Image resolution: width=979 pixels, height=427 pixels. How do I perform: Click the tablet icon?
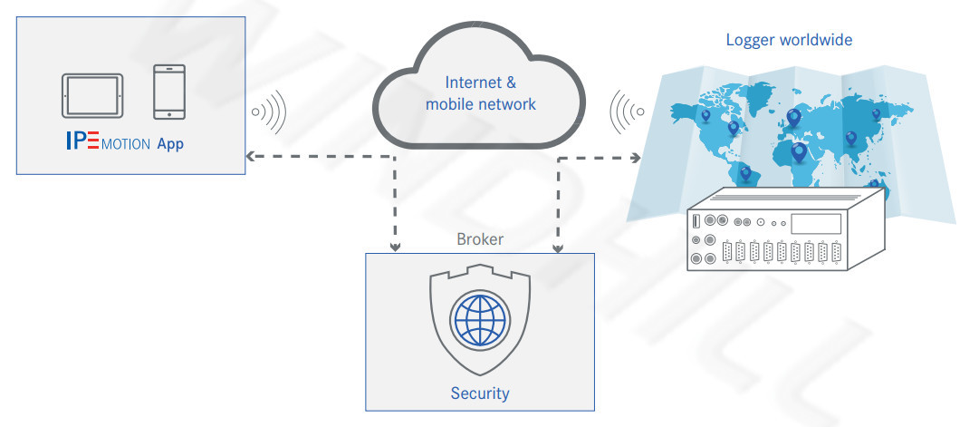91,95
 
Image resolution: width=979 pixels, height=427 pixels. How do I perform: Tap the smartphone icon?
169,92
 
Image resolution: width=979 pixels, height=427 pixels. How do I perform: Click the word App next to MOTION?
170,143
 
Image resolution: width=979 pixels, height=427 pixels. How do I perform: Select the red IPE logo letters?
82,142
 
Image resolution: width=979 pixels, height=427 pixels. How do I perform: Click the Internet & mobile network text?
480,93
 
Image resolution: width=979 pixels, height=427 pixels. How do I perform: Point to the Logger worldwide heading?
789,40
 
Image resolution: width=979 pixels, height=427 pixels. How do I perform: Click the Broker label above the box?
480,239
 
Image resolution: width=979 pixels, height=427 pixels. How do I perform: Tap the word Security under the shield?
480,393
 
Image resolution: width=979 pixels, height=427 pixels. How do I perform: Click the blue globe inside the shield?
480,321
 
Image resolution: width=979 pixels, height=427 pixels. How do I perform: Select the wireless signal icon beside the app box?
269,112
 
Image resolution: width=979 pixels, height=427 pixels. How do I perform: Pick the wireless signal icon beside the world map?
628,112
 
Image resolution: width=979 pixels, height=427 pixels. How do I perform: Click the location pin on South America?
745,171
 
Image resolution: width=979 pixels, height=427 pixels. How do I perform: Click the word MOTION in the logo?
126,144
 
